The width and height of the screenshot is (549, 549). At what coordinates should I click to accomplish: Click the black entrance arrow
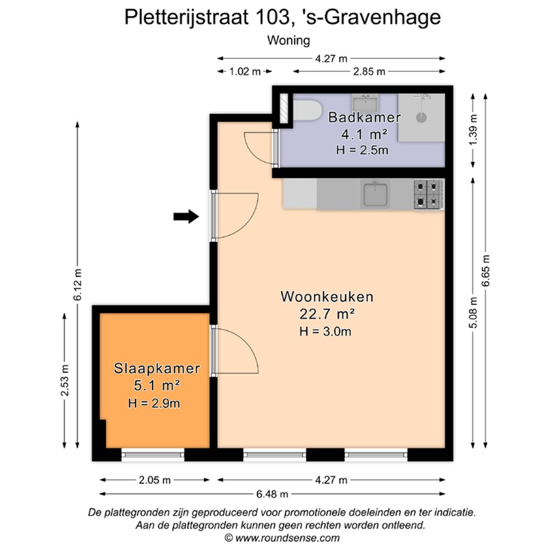[186, 217]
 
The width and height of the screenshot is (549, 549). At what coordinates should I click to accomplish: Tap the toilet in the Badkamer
[307, 111]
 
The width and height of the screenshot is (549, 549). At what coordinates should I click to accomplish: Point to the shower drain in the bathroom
[421, 117]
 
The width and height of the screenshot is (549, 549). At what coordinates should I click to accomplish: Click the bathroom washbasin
[365, 103]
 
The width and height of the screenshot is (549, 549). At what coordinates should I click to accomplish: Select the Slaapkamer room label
[157, 369]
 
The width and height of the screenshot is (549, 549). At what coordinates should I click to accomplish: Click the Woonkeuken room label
[327, 296]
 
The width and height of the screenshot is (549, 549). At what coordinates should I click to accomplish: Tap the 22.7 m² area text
[327, 314]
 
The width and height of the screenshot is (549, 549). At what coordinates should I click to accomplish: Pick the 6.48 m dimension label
[272, 494]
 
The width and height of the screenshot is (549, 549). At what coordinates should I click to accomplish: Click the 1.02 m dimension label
[245, 72]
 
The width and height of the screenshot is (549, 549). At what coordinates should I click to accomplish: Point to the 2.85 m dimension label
[369, 72]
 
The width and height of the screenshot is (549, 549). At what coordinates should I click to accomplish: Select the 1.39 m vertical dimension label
[473, 130]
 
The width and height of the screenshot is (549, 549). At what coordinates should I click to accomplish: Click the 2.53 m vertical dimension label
[65, 380]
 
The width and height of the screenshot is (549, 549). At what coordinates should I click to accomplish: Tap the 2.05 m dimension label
[155, 480]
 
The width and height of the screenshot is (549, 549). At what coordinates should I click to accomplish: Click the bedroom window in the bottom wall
[152, 455]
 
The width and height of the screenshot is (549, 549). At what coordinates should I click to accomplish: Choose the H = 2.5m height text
[362, 150]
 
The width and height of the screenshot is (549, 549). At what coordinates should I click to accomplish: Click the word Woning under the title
[289, 40]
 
